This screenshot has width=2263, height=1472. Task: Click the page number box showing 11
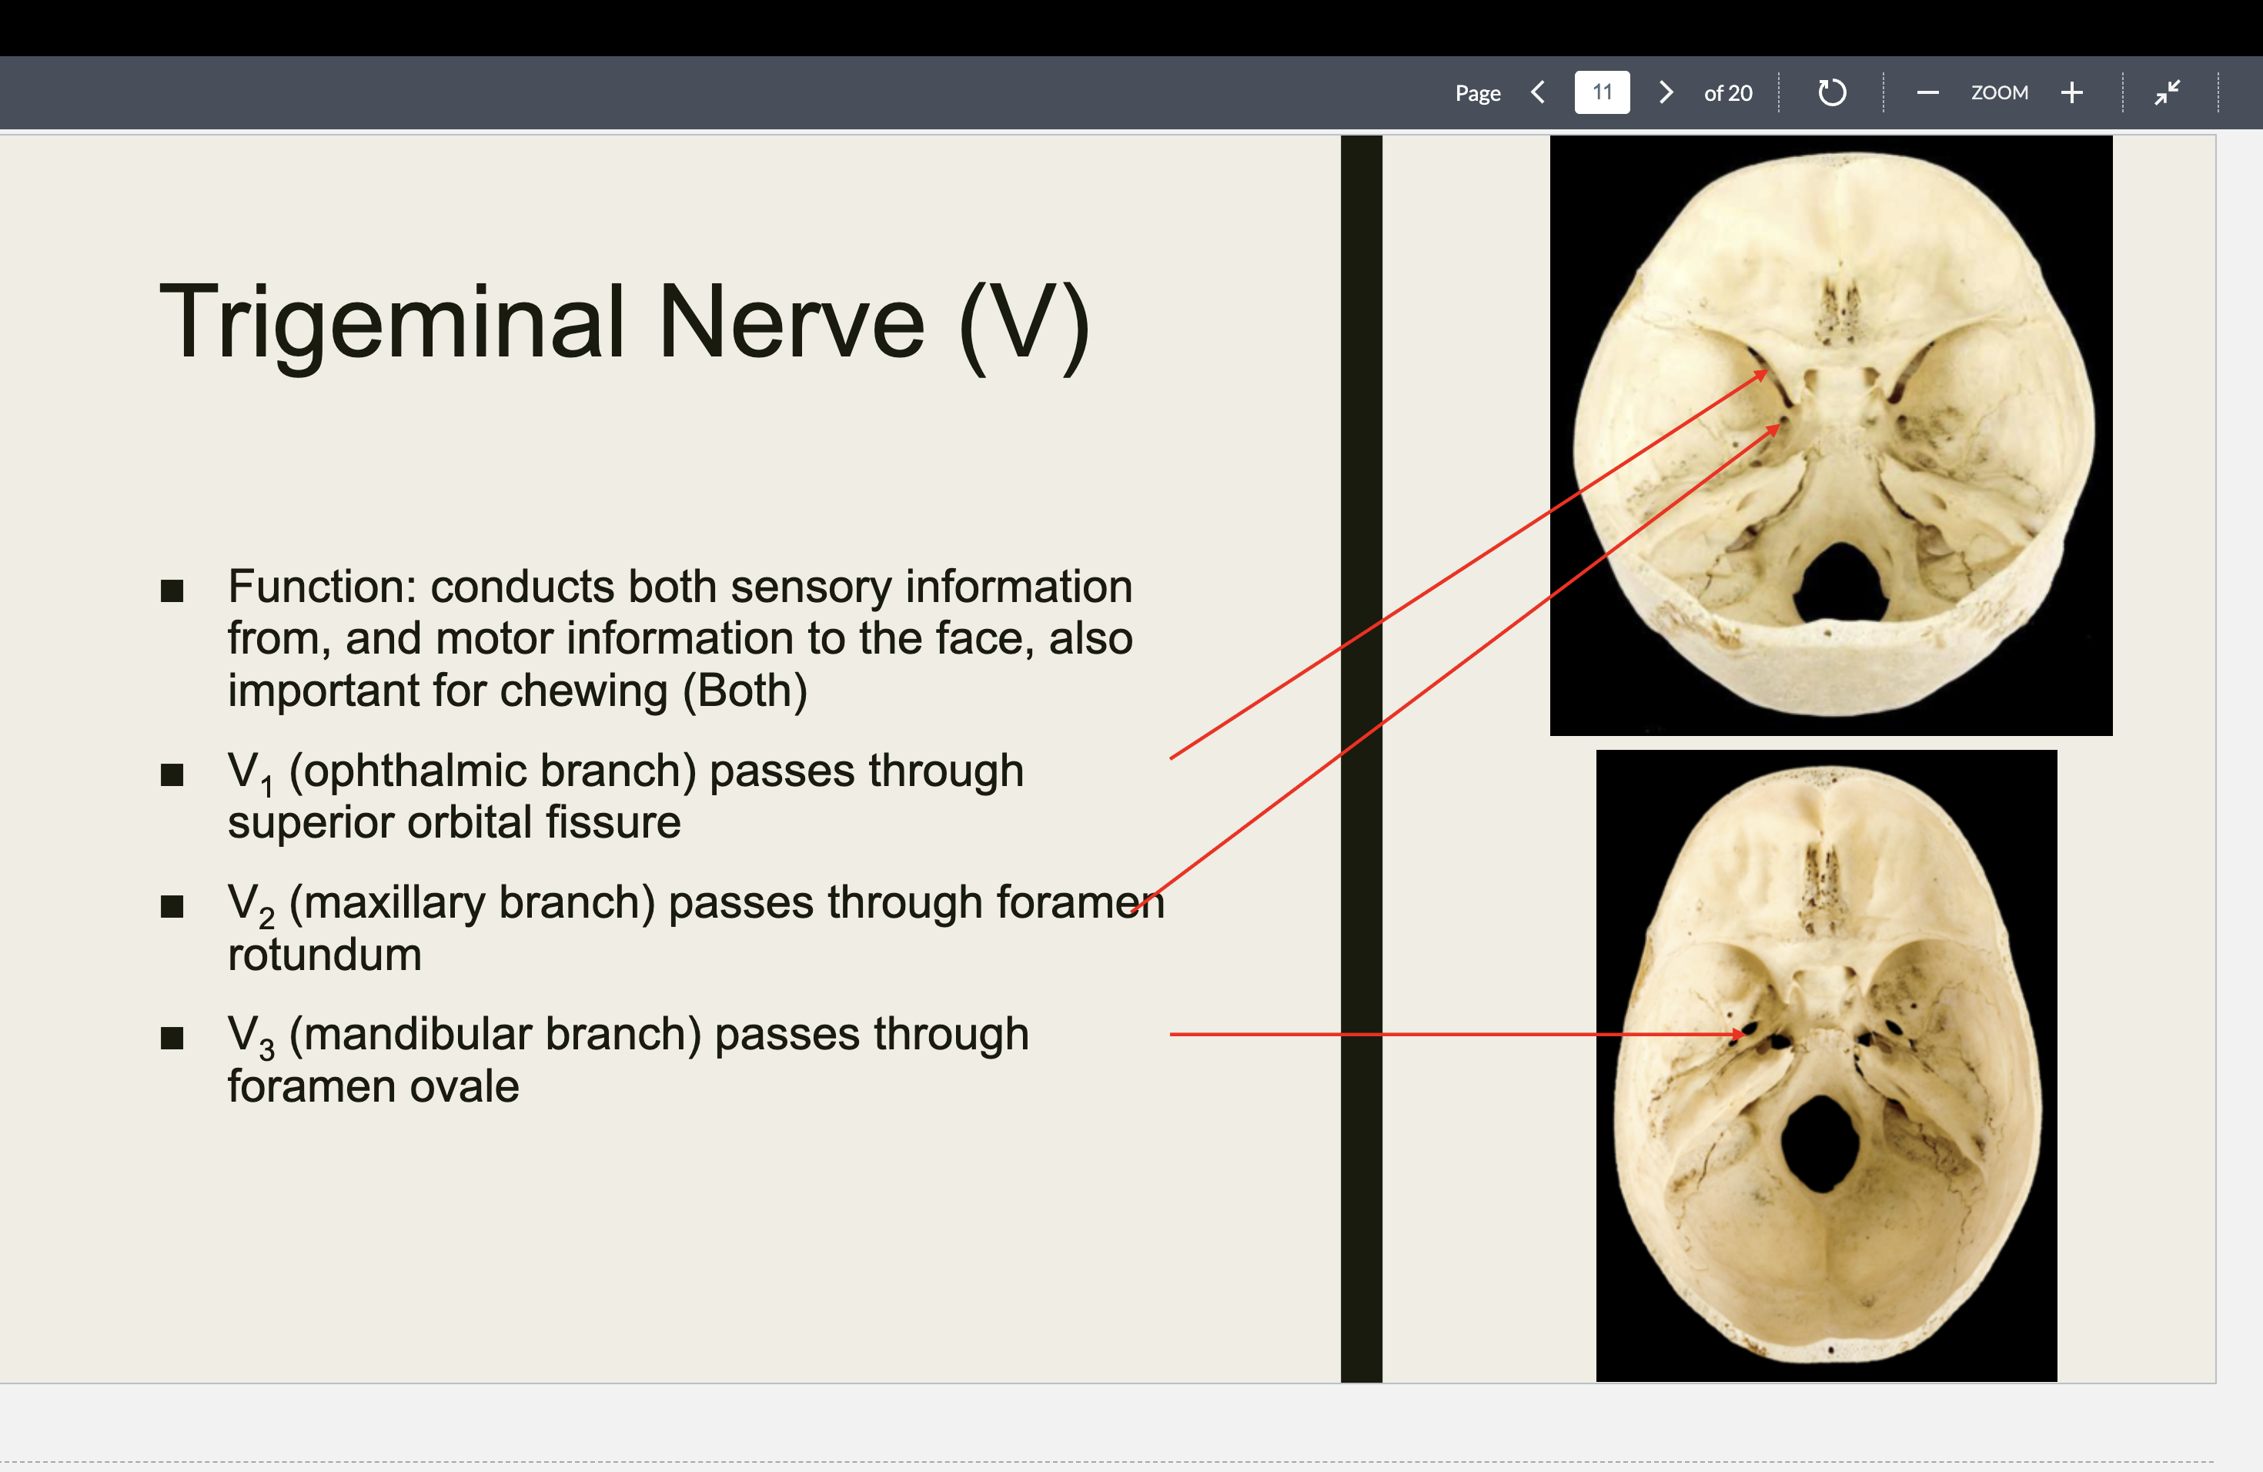click(1601, 92)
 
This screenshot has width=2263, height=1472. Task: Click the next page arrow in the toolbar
click(1665, 92)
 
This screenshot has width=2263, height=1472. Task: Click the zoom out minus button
click(1927, 92)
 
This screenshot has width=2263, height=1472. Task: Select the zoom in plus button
click(2072, 92)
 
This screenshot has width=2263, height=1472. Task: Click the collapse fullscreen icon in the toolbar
click(2167, 92)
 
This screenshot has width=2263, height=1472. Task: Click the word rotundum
click(324, 955)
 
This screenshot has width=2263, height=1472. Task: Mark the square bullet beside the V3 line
click(172, 1038)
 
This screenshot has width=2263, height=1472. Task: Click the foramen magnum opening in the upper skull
click(1839, 580)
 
